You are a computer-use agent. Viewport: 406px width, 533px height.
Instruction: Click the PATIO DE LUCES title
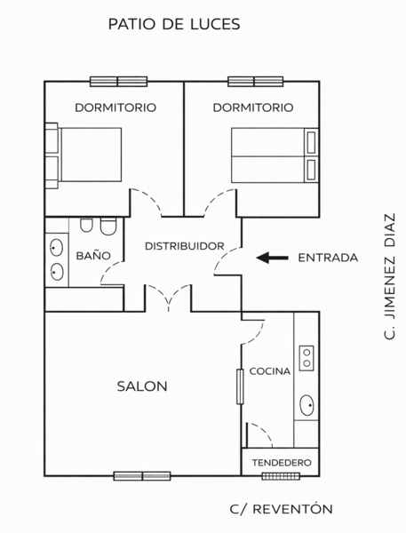tap(174, 24)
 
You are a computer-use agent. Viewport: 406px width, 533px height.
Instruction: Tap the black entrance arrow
tap(272, 258)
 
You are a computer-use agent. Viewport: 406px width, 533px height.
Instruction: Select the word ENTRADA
tap(328, 258)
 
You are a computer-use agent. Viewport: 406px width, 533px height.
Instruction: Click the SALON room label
tap(142, 386)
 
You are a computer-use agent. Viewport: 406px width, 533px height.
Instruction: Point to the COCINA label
tap(270, 370)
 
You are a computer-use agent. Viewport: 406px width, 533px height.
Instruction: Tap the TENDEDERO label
tap(282, 463)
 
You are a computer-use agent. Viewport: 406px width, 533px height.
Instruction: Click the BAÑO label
tap(93, 255)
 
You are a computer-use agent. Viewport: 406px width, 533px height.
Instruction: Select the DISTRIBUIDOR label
tap(185, 246)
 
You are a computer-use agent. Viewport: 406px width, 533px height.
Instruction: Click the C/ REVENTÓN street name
tap(282, 509)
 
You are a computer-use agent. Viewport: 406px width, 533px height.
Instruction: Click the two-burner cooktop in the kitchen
tap(306, 358)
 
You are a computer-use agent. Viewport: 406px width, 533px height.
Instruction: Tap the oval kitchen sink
tap(306, 405)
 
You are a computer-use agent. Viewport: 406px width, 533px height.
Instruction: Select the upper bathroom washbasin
tap(57, 248)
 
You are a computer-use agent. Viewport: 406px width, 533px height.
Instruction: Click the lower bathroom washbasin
tap(57, 272)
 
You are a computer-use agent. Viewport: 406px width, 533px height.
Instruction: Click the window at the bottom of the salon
tap(142, 476)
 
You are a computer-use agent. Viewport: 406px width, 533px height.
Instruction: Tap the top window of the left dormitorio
tap(119, 82)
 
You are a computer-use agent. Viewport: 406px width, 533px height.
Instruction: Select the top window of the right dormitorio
tap(255, 82)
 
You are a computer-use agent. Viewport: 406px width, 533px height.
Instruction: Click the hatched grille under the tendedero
tap(281, 476)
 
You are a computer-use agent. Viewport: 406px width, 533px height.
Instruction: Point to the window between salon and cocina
tap(240, 386)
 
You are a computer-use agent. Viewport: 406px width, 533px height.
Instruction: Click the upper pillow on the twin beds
tap(311, 142)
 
